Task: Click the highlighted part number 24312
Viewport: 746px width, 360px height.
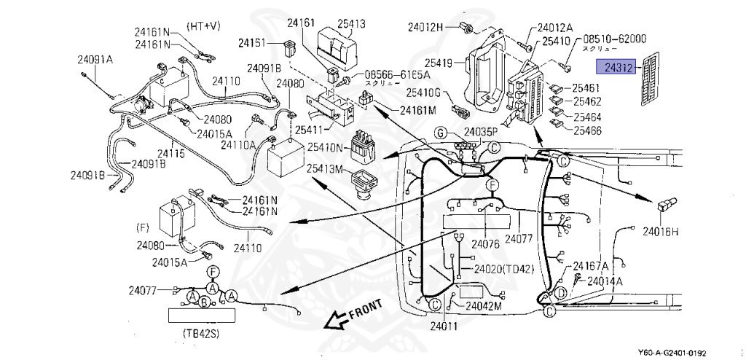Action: [616, 68]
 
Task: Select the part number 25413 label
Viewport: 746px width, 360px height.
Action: [347, 24]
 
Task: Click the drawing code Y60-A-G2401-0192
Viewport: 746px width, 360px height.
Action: [682, 353]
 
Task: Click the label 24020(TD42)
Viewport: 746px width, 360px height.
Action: [503, 269]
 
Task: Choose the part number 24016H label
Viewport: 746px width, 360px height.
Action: [660, 232]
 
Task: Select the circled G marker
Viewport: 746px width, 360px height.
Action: [440, 132]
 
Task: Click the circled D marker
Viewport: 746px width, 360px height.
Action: [561, 293]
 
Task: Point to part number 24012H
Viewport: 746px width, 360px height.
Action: [425, 28]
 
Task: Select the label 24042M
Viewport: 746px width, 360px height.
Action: [484, 306]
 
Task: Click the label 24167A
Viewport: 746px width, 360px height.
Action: [591, 266]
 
